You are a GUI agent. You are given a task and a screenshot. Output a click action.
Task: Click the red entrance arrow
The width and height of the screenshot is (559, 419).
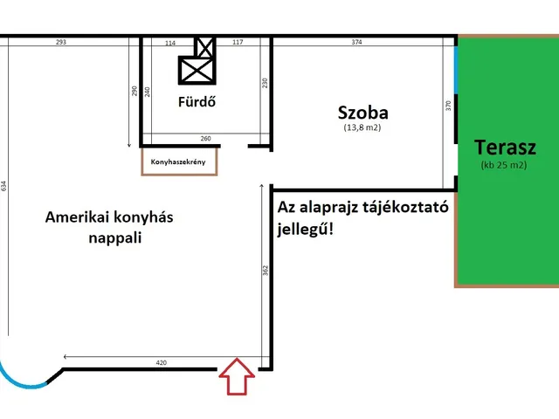237,376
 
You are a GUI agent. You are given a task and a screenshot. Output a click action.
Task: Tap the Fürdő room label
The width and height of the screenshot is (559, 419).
197,102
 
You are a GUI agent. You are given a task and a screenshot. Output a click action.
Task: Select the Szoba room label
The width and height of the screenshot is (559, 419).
363,113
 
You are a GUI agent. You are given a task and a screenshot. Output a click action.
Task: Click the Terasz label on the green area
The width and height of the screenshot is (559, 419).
505,148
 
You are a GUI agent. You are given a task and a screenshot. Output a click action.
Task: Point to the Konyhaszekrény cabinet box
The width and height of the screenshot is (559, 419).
179,161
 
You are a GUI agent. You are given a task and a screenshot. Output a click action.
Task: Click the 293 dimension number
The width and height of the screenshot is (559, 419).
61,42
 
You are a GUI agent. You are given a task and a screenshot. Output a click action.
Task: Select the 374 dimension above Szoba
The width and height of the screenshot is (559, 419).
356,42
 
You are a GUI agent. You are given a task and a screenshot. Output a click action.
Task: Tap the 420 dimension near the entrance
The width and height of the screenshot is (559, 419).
161,363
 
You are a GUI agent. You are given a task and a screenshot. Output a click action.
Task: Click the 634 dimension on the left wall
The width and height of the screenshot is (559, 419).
3,186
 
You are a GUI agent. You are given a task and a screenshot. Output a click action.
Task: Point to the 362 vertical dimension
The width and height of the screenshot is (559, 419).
266,271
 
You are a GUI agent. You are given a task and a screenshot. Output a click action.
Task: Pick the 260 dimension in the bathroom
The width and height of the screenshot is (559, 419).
206,138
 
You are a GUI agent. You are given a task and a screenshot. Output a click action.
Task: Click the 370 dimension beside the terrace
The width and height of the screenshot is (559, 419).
448,106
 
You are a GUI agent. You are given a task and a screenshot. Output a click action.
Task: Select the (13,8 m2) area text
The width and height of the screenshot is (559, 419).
362,127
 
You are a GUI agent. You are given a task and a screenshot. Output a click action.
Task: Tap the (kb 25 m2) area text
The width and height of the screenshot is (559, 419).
504,165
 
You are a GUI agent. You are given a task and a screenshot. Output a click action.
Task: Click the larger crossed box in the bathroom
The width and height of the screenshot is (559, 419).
197,70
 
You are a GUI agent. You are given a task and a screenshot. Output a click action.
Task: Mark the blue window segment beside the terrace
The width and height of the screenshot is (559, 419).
456,70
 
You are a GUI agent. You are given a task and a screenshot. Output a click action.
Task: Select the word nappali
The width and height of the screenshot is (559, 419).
115,238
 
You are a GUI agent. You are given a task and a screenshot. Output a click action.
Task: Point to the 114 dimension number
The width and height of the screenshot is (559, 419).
170,43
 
